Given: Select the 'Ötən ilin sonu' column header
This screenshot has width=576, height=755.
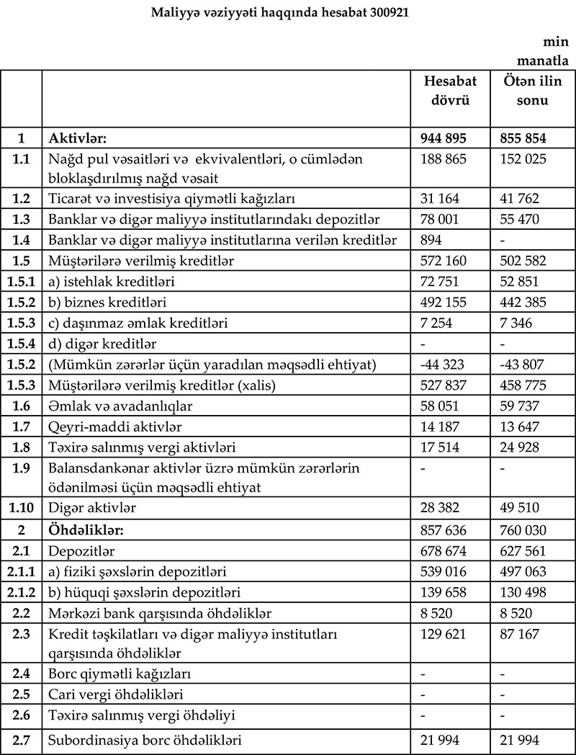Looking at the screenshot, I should [x=532, y=91].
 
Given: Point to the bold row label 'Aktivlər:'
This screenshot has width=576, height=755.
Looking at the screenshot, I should [x=77, y=138].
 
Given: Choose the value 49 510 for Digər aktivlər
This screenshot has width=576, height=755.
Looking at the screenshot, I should [x=518, y=508].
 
